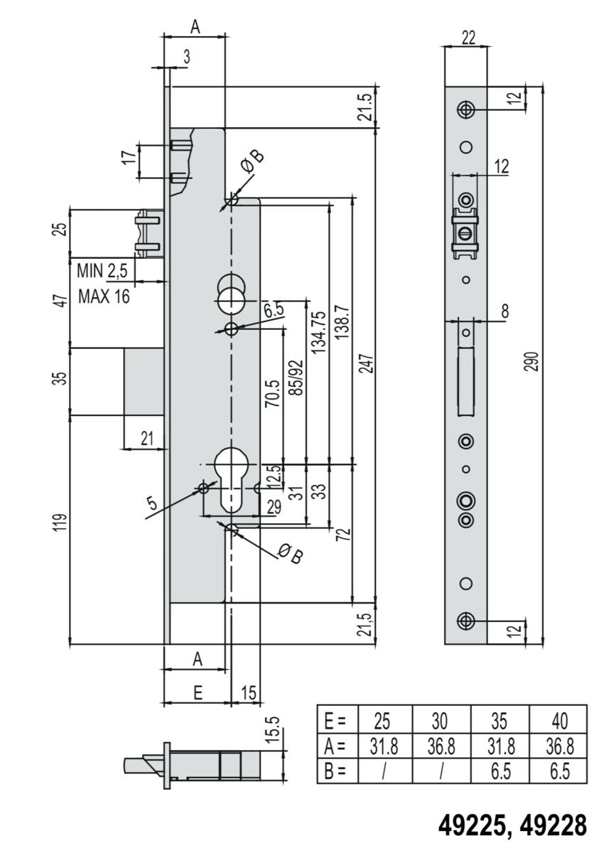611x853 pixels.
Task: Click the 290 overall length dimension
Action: coord(533,362)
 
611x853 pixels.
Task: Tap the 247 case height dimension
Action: coord(368,364)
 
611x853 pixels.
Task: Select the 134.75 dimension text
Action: coord(319,332)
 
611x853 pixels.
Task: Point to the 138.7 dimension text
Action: coord(342,322)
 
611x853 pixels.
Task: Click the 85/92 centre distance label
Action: coord(296,377)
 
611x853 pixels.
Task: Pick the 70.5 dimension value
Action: coord(273,393)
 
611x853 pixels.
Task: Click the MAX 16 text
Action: coord(104,296)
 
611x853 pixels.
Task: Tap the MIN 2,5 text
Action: coord(102,271)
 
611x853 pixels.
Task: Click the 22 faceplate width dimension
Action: coord(469,38)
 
